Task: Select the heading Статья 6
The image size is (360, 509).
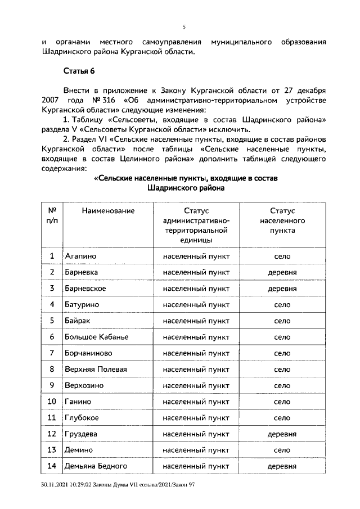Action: coord(79,70)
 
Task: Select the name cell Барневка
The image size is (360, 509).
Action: coord(82,272)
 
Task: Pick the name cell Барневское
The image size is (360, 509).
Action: coord(85,289)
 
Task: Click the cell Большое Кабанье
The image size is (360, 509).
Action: coord(96,337)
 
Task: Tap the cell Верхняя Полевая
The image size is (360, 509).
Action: coord(96,370)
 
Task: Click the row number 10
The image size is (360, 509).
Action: coord(52,402)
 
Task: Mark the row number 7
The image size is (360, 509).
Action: coord(52,353)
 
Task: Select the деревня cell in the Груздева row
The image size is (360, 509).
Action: coord(282,434)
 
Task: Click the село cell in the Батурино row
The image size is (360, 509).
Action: coord(282,305)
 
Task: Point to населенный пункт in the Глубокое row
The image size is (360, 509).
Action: coord(196,418)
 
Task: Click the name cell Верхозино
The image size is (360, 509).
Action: coord(86,386)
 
